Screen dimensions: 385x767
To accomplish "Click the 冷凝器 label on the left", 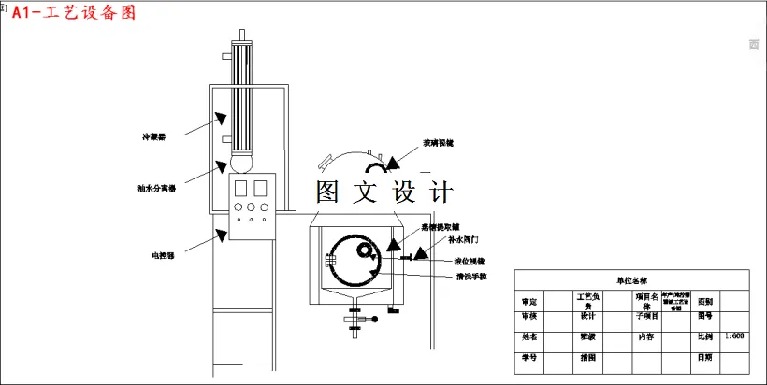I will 152,136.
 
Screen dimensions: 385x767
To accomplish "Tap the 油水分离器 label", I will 152,187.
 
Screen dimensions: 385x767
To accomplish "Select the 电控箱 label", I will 164,253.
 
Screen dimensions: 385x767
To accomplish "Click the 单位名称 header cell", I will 631,279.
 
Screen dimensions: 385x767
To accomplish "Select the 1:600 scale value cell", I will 734,335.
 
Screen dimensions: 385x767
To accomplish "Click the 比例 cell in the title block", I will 705,335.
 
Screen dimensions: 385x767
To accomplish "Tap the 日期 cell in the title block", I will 705,357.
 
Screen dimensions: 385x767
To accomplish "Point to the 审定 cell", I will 529,301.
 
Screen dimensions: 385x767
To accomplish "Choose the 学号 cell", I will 529,357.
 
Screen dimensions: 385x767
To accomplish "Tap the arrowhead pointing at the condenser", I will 222,118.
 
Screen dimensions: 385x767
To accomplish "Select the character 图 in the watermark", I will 328,192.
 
